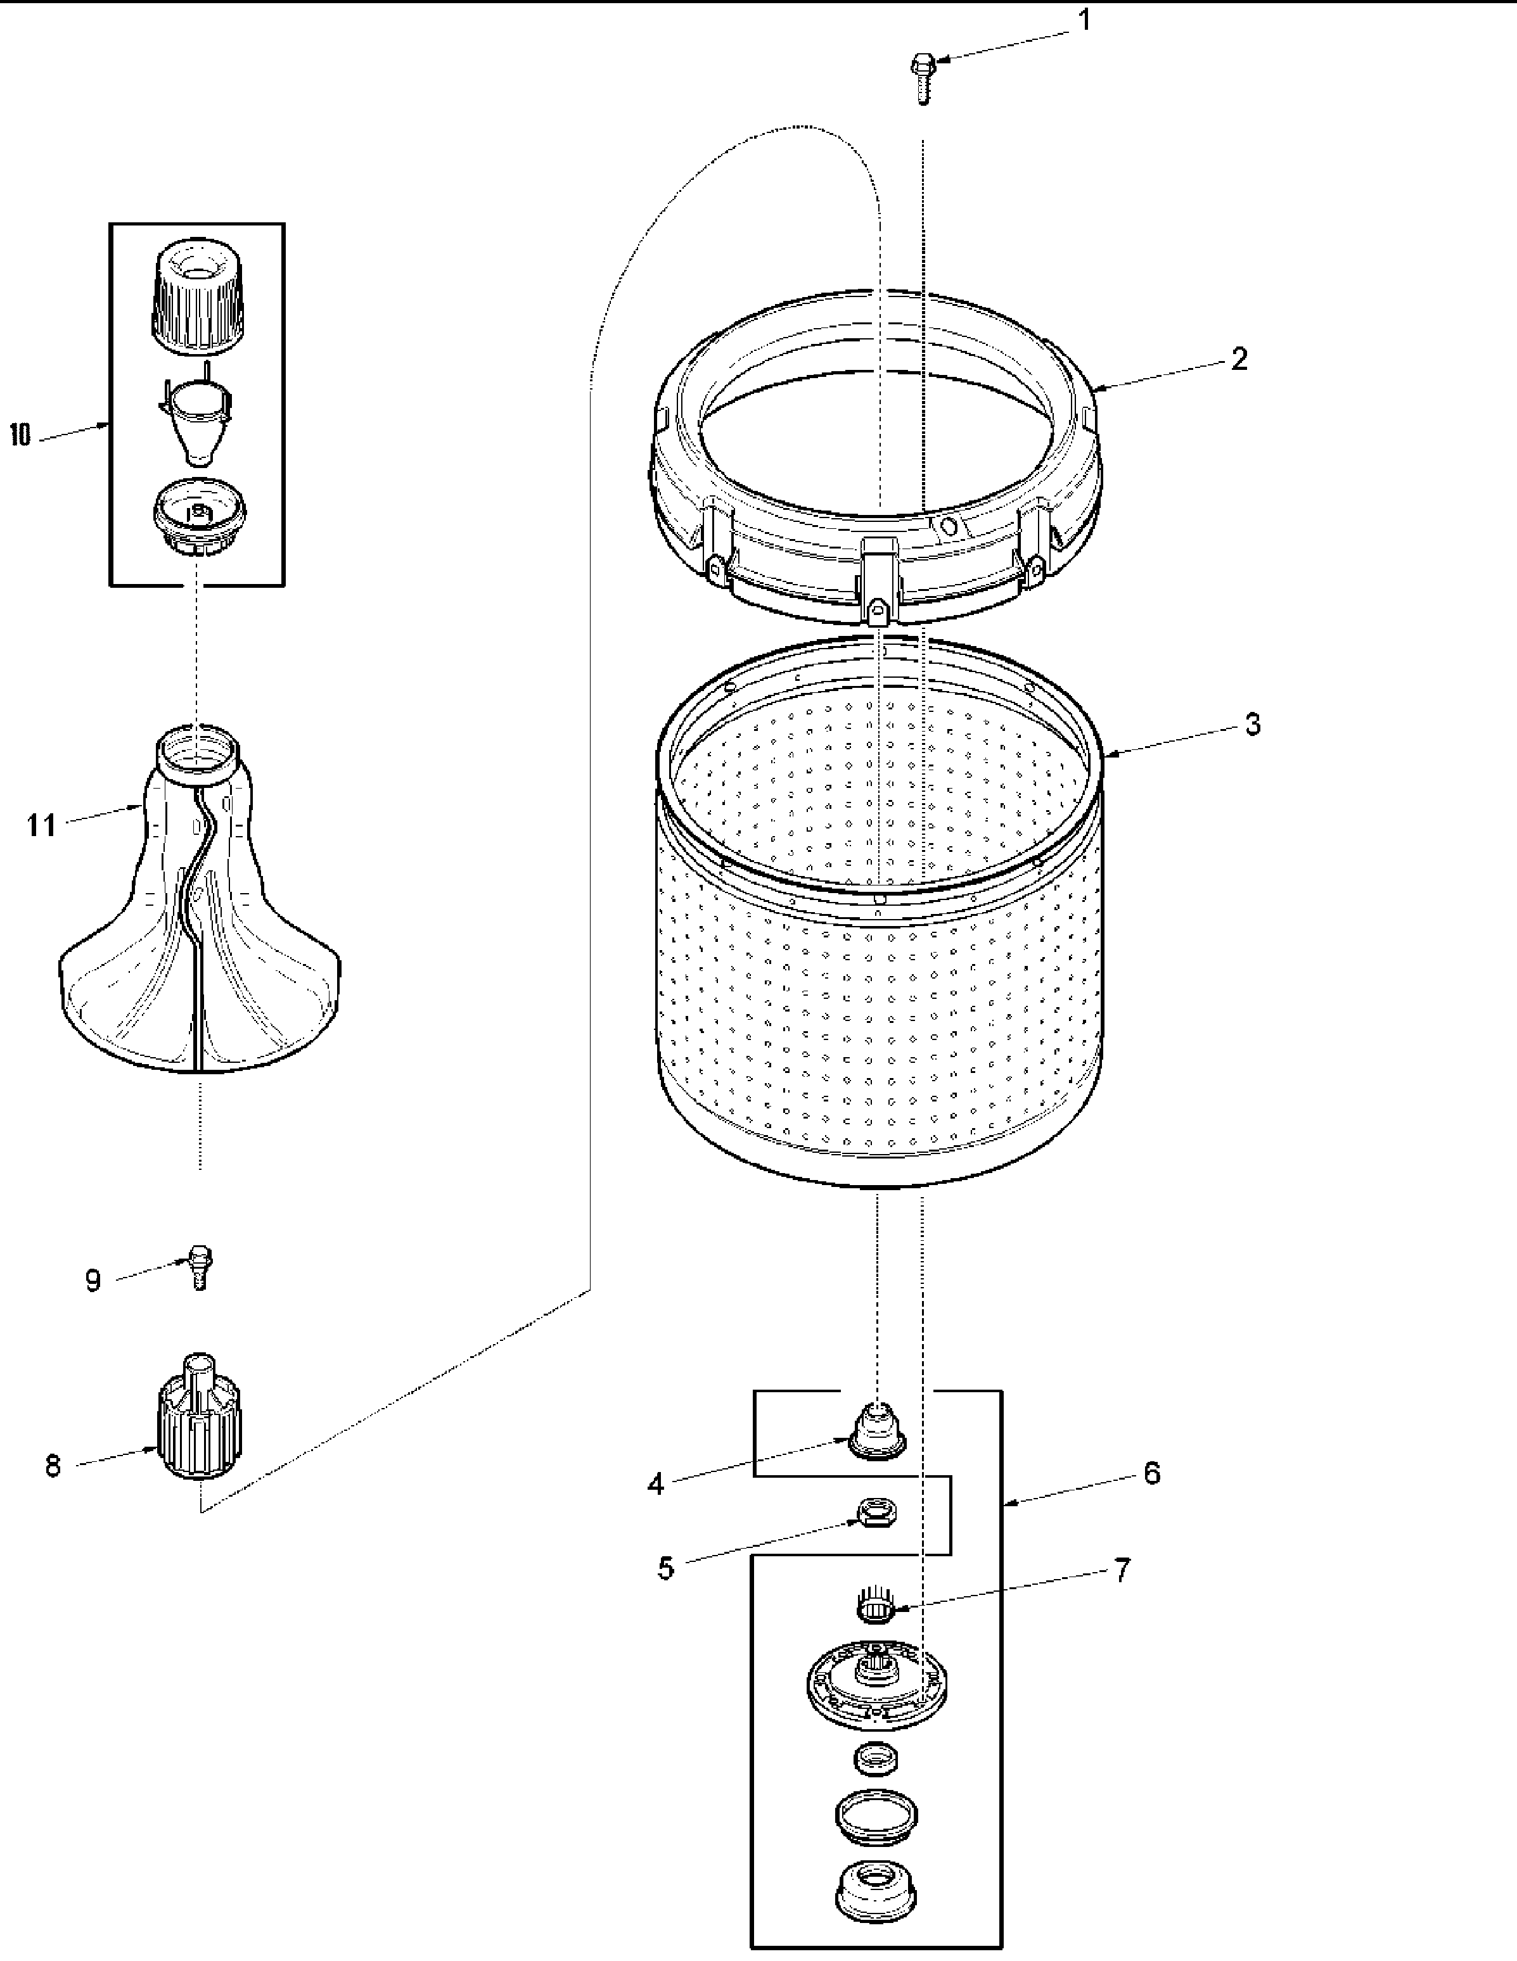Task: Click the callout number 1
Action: pyautogui.click(x=1084, y=20)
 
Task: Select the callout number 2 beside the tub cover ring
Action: pyautogui.click(x=1239, y=360)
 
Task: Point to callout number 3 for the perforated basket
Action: pyautogui.click(x=1253, y=725)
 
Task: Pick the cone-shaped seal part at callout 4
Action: pyautogui.click(x=876, y=1432)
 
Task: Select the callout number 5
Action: pyautogui.click(x=665, y=1569)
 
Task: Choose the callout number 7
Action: pyautogui.click(x=1122, y=1570)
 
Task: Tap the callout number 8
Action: pyautogui.click(x=53, y=1467)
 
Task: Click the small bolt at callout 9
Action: pyautogui.click(x=200, y=1267)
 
